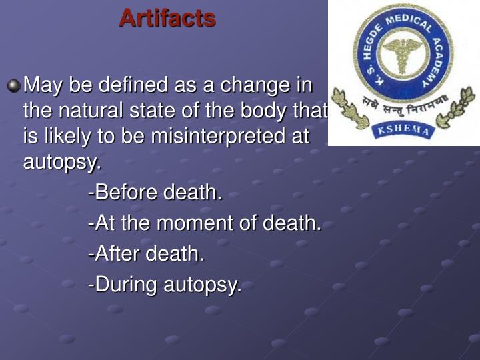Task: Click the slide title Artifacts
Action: [167, 17]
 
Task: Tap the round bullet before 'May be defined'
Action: [13, 86]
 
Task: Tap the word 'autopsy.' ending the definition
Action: [63, 162]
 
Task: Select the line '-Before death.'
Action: [155, 193]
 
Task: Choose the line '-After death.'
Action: [146, 254]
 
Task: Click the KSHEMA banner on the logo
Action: [404, 129]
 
